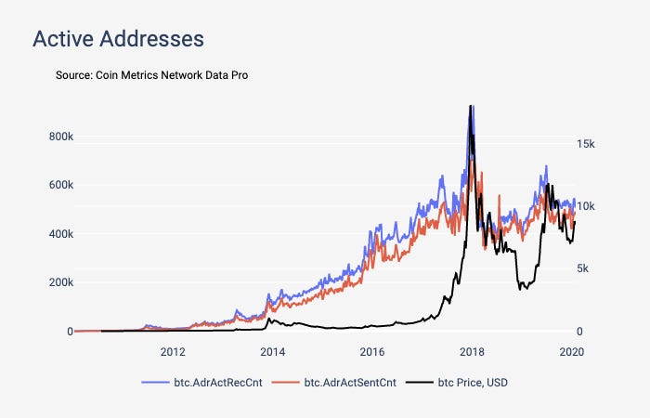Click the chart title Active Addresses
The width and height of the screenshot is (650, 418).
[x=118, y=39]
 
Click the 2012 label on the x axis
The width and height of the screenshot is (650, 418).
[x=173, y=351]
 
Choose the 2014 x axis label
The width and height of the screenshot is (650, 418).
[x=272, y=351]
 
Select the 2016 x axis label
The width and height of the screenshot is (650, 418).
[x=371, y=351]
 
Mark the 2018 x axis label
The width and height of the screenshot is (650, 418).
[x=472, y=351]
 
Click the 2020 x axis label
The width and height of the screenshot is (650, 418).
[x=571, y=351]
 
